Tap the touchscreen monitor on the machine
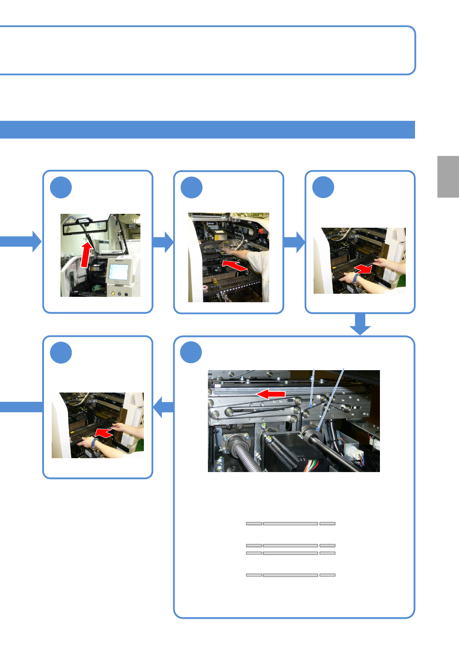[x=118, y=272]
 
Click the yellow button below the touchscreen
[x=113, y=293]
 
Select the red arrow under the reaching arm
[x=235, y=265]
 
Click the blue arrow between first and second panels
[x=163, y=242]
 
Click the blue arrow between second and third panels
[x=294, y=242]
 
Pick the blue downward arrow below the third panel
[x=360, y=324]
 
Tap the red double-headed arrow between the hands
[x=363, y=268]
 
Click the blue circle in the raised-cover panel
[x=61, y=188]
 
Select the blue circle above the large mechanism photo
[x=191, y=352]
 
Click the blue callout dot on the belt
[x=310, y=406]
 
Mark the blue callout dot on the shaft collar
[x=318, y=429]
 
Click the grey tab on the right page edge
[x=448, y=177]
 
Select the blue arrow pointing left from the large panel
[x=164, y=407]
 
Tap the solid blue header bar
[x=207, y=130]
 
